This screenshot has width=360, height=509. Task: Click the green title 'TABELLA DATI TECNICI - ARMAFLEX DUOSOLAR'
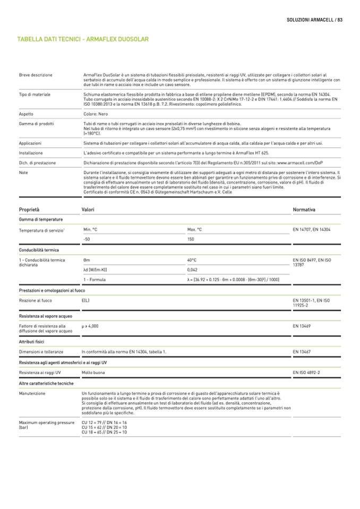(83, 39)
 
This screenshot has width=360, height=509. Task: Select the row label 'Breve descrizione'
(36, 75)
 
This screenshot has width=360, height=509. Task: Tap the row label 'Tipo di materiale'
(35, 94)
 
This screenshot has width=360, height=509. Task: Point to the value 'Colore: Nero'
(97, 114)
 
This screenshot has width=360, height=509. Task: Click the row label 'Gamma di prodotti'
(36, 123)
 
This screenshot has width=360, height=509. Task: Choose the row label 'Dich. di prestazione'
(37, 162)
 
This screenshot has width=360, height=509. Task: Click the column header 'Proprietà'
(29, 210)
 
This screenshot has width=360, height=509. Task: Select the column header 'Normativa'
(304, 210)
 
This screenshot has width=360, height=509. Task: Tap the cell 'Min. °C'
(90, 229)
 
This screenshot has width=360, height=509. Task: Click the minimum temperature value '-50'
(87, 239)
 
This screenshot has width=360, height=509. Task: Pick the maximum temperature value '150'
(191, 239)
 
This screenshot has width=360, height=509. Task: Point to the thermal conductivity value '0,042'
(193, 270)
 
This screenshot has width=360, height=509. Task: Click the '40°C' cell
(192, 260)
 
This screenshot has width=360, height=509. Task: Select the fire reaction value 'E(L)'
(85, 300)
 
